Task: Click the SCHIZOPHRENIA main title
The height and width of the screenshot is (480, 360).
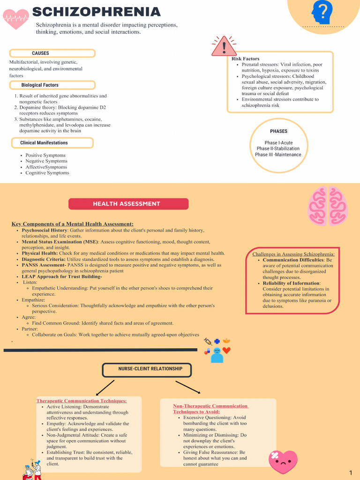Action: point(96,12)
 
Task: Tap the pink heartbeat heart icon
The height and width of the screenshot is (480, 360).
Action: point(15,19)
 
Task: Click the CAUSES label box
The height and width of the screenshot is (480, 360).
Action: point(52,53)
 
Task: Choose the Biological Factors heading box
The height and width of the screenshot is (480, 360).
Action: point(52,85)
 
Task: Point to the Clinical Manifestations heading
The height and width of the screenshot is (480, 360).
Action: point(52,143)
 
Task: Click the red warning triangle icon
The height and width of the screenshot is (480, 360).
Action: point(224,46)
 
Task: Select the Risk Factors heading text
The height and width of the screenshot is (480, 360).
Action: point(245,59)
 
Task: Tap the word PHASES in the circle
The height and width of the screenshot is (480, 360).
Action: point(278,131)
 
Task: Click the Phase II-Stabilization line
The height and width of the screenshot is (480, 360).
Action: point(278,149)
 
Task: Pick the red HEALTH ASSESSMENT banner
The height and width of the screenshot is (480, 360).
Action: point(128,204)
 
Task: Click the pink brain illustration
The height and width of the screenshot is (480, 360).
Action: point(328,206)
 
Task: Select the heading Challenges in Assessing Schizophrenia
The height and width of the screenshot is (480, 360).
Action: point(293,254)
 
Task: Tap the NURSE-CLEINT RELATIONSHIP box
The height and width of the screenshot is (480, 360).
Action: point(147,369)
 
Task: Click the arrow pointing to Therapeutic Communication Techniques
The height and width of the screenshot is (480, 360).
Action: point(105,388)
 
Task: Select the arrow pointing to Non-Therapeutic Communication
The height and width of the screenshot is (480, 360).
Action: point(187,387)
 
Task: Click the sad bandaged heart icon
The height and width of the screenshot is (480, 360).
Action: point(283,462)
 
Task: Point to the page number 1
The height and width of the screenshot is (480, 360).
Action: point(351,472)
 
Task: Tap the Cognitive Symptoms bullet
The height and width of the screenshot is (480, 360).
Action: point(47,173)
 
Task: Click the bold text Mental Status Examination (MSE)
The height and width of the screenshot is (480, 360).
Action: point(60,242)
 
